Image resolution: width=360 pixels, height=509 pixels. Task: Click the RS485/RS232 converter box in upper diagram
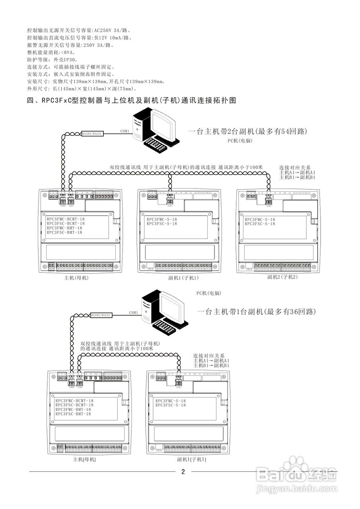(x=92, y=134)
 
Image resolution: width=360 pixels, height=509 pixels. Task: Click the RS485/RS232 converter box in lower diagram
(x=101, y=315)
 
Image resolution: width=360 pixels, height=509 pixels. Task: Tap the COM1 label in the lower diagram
(x=133, y=313)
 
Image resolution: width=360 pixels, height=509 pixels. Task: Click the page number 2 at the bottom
(x=183, y=472)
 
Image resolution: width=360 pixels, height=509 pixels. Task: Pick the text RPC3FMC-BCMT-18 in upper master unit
(x=66, y=219)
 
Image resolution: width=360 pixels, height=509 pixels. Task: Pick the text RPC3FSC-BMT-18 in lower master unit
(x=73, y=414)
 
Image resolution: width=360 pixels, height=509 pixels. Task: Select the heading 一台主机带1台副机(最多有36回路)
(x=257, y=312)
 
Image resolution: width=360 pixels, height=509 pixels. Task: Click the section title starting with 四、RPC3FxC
(x=131, y=101)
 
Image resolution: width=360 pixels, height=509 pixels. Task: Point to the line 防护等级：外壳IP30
(x=52, y=59)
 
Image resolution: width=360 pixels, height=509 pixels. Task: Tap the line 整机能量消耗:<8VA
(x=51, y=52)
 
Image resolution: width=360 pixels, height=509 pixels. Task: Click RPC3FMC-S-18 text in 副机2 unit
(x=260, y=220)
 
